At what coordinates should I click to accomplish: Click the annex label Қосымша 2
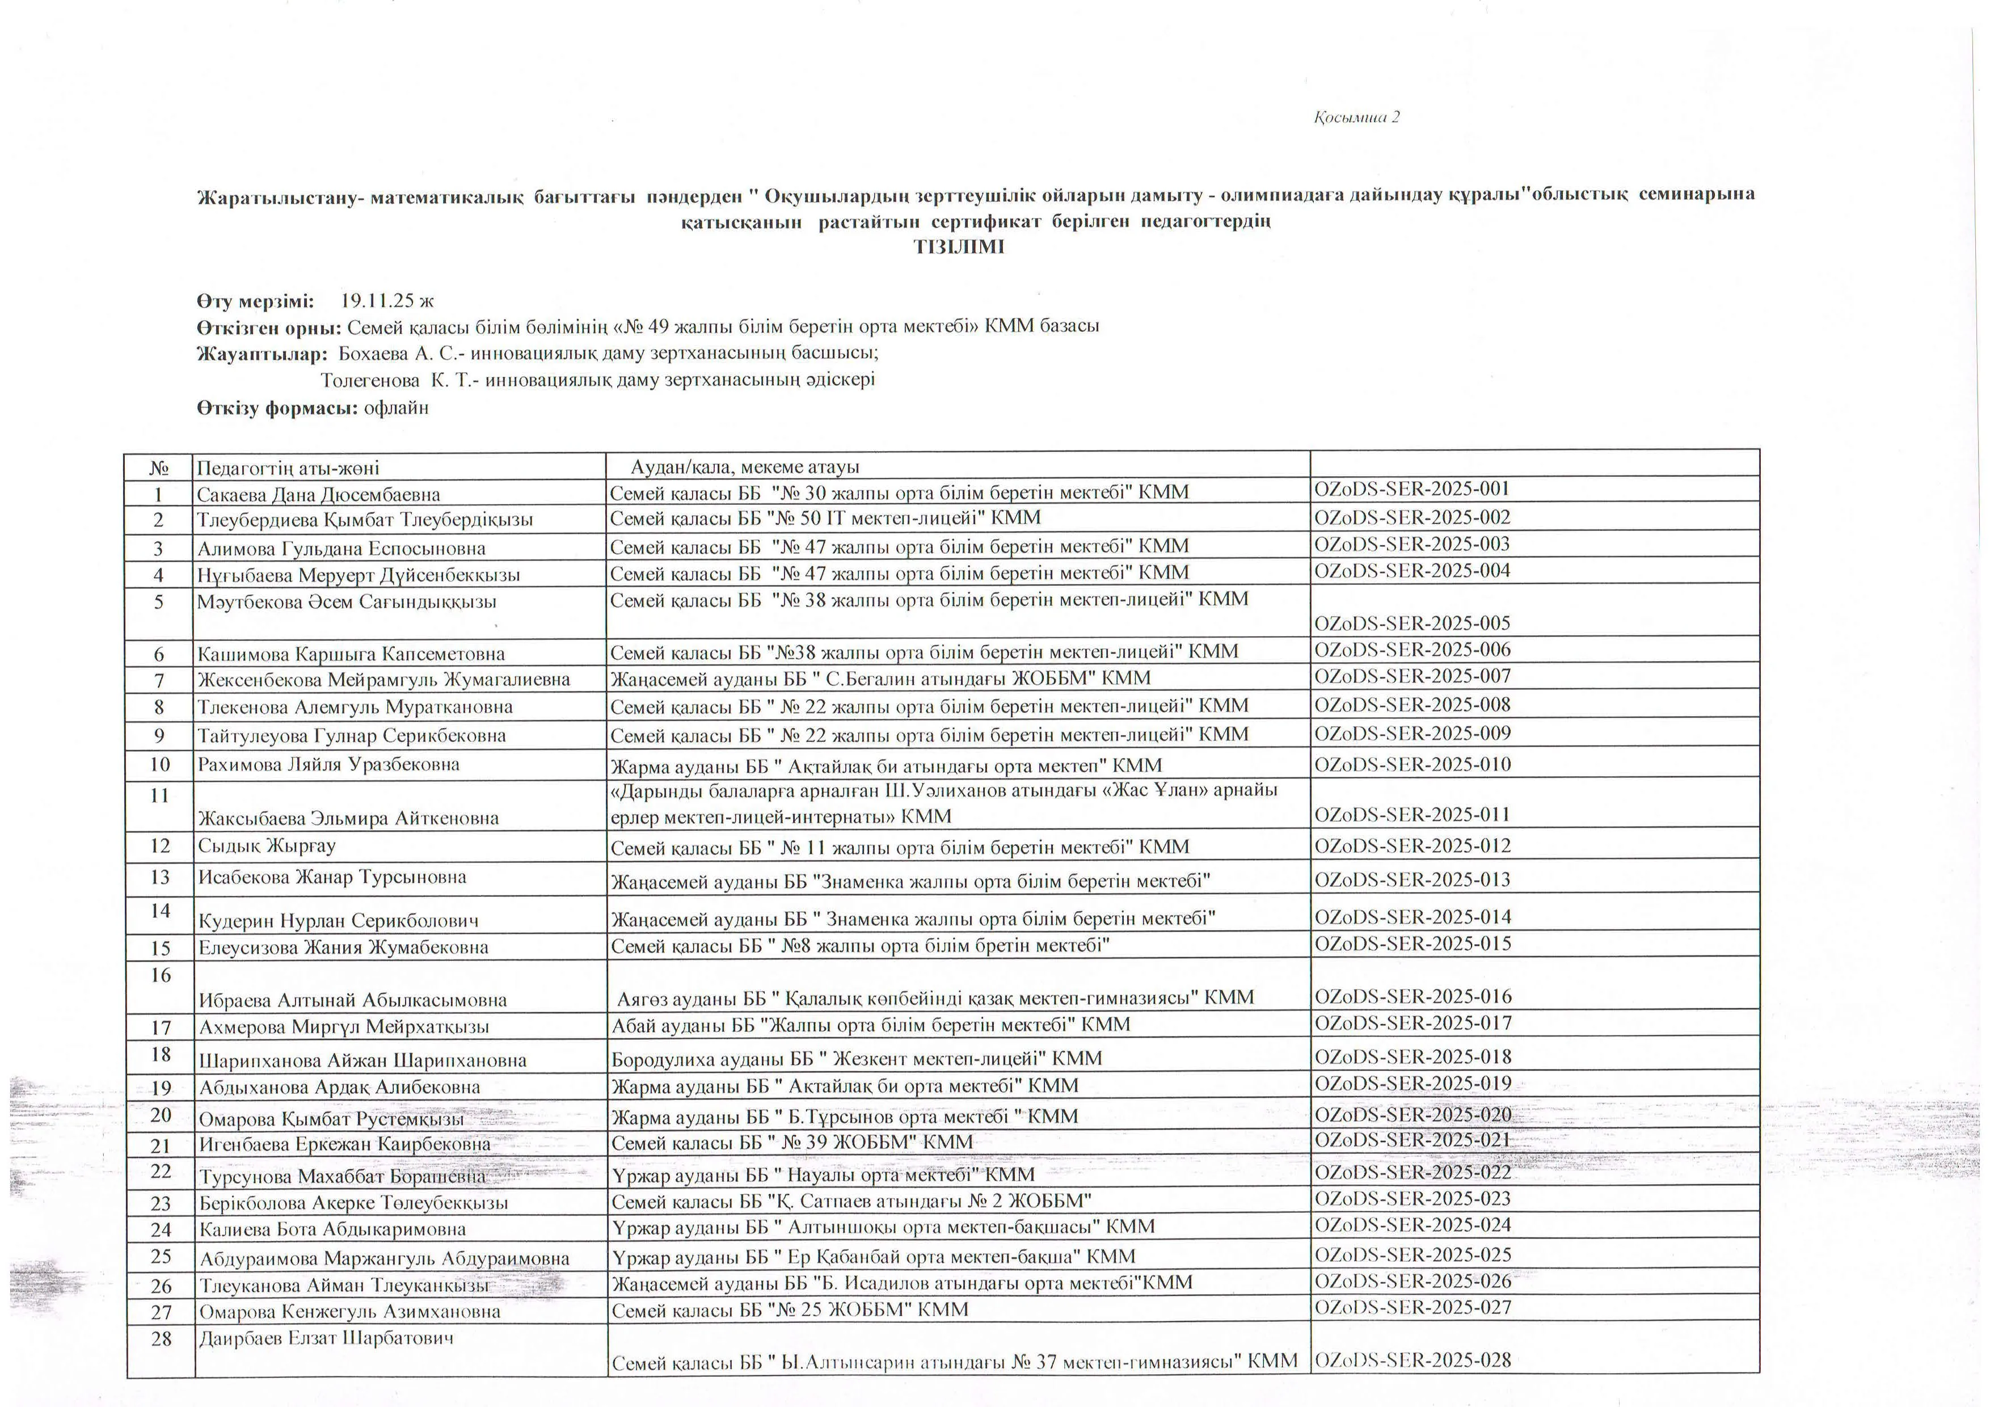[x=1356, y=117]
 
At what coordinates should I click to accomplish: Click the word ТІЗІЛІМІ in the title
[x=959, y=247]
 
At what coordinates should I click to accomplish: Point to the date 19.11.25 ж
[x=386, y=302]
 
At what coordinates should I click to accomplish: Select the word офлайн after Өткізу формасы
[x=396, y=407]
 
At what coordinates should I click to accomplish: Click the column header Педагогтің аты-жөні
[x=288, y=468]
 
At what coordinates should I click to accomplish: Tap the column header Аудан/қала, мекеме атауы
[x=744, y=467]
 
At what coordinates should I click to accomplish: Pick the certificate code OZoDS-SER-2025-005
[x=1412, y=624]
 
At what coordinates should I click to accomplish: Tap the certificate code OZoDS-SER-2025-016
[x=1412, y=996]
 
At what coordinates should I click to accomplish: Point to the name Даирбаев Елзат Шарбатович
[x=326, y=1338]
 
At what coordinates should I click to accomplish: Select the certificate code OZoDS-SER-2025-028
[x=1412, y=1360]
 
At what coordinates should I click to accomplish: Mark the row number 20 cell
[x=161, y=1116]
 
